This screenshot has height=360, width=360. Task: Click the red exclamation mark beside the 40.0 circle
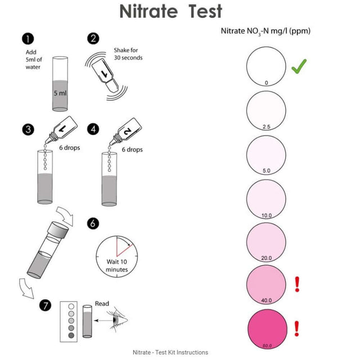pyautogui.click(x=297, y=285)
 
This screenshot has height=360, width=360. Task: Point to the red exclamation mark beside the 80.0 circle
pyautogui.click(x=297, y=328)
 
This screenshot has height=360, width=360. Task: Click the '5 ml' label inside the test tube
pyautogui.click(x=60, y=93)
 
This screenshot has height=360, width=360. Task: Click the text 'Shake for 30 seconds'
pyautogui.click(x=128, y=54)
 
